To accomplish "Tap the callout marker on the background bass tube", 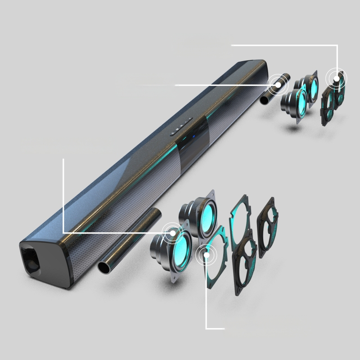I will pos(279,85).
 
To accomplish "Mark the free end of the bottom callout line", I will pos(224,328).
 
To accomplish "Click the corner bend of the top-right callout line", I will pos(337,45).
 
